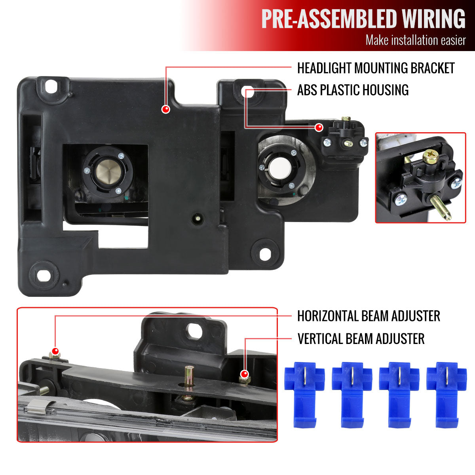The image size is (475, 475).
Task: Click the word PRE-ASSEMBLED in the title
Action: [x=329, y=19]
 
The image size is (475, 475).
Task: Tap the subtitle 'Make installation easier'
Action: [x=416, y=40]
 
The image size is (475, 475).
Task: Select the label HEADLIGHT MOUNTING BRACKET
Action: [x=376, y=68]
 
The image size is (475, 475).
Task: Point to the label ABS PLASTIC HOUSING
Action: [x=353, y=90]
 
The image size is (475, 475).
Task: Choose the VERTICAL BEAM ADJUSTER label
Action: [x=361, y=339]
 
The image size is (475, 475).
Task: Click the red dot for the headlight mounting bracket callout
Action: [x=165, y=109]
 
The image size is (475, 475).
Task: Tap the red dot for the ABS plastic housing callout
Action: [x=319, y=127]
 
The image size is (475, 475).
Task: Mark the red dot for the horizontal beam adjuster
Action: [x=55, y=351]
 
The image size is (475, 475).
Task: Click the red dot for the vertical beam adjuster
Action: [x=244, y=374]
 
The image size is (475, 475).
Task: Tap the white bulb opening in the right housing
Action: [x=280, y=168]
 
